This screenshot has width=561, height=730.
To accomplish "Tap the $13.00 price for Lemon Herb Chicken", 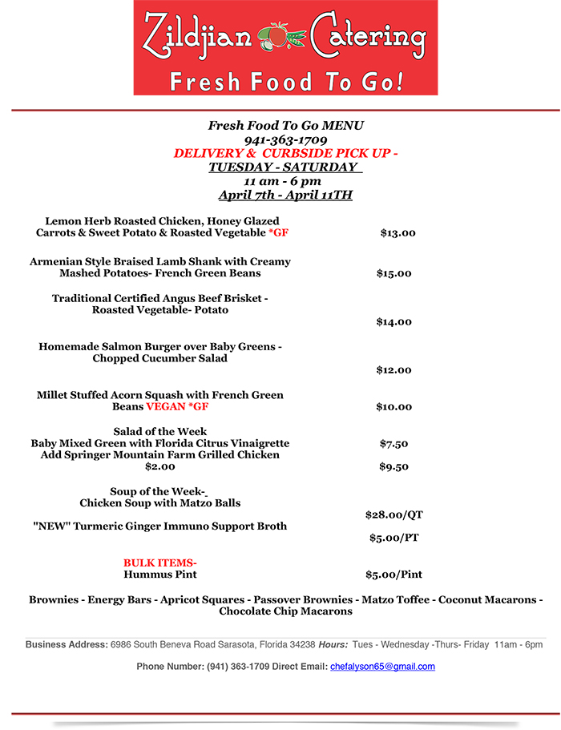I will (x=398, y=233).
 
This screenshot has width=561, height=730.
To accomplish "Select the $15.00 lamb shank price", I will (x=394, y=273).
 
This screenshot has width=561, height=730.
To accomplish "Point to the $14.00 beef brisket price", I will (x=394, y=322).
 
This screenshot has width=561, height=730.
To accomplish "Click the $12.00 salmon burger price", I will (x=394, y=370).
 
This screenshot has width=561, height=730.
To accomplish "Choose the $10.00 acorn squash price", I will (x=394, y=407).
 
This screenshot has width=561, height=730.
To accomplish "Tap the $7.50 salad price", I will (x=394, y=443).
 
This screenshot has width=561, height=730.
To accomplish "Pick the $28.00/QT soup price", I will (x=394, y=514).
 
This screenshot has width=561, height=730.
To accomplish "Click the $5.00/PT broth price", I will (x=394, y=538).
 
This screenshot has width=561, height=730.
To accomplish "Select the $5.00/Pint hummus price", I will (x=394, y=575).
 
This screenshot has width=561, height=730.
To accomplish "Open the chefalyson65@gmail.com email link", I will (x=382, y=667).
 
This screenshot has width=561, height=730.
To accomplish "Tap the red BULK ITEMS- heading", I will (x=160, y=563).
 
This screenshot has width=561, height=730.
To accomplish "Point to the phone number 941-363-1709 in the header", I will (x=286, y=139).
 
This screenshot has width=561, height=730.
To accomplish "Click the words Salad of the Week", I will (x=160, y=431).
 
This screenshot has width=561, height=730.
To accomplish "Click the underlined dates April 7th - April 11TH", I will (x=286, y=195).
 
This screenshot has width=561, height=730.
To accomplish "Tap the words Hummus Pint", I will (x=160, y=575).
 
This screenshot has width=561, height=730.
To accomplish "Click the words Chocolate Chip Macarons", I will (x=286, y=611).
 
